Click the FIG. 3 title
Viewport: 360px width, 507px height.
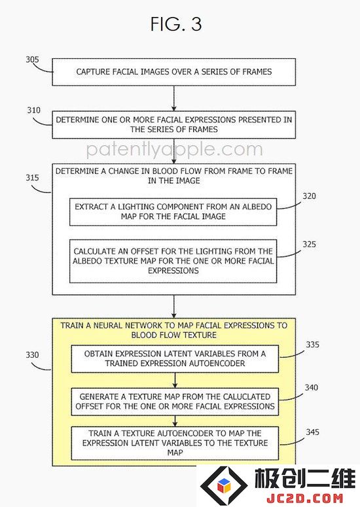click(176, 24)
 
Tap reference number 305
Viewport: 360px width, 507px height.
click(32, 60)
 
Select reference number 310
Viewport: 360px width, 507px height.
click(33, 111)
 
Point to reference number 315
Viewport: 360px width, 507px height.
click(32, 177)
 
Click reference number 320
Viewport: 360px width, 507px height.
click(309, 196)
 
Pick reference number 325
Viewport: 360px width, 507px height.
click(309, 244)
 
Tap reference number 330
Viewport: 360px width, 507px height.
click(32, 355)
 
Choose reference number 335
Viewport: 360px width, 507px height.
click(312, 345)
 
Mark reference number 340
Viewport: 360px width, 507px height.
click(311, 387)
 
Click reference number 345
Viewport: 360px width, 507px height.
click(312, 432)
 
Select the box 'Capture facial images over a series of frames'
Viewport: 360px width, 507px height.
click(174, 72)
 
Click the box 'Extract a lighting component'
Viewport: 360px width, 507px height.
click(173, 212)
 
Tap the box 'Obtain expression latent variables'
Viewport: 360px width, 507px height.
click(175, 359)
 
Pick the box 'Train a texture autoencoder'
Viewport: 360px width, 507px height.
click(175, 444)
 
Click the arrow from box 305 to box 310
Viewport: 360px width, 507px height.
click(174, 98)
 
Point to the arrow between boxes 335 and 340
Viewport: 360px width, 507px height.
click(175, 380)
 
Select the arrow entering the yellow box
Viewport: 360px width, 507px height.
click(174, 306)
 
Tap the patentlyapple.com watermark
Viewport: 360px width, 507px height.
click(175, 150)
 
